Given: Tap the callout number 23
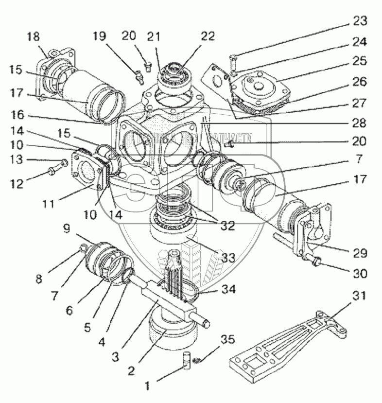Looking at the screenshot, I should click(360, 21).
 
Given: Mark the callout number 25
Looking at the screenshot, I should click(360, 62).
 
